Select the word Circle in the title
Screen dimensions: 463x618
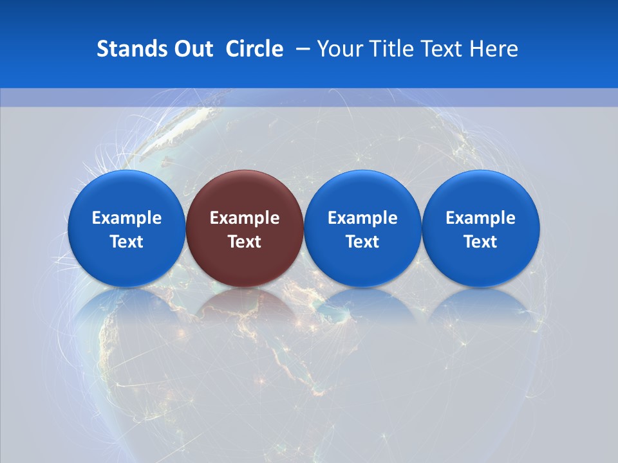[x=254, y=49]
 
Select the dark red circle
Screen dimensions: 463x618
[x=245, y=228]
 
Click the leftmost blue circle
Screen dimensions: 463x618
[x=126, y=228]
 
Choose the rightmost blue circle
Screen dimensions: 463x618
[x=481, y=228]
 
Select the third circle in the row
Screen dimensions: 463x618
[x=362, y=228]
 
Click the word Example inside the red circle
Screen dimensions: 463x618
[x=245, y=218]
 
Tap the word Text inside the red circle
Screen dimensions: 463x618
[x=245, y=242]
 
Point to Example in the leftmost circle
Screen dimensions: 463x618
[x=126, y=218]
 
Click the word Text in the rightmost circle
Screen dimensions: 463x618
[x=481, y=242]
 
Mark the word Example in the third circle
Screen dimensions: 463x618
[x=362, y=218]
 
